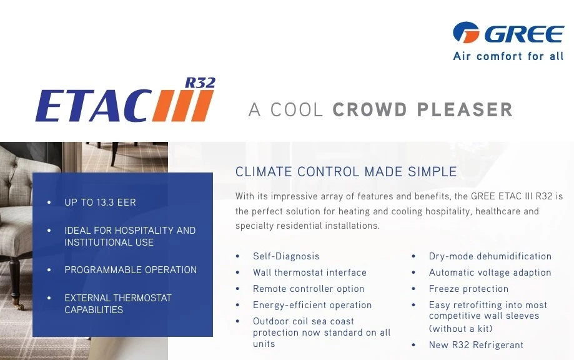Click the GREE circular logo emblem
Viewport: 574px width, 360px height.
[x=466, y=32]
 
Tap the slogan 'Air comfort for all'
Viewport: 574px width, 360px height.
[x=508, y=56]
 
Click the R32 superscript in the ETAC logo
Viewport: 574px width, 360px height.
[x=200, y=82]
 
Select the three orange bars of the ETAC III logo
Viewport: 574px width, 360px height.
[x=183, y=106]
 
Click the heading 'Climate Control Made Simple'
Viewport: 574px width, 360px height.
[x=346, y=171]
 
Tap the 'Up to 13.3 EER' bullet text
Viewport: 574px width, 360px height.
[x=100, y=202]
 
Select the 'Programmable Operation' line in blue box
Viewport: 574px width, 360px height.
[x=131, y=269]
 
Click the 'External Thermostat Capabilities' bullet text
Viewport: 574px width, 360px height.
[x=118, y=304]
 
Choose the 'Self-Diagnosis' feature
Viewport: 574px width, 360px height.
[x=286, y=256]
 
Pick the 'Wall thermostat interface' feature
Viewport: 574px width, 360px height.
[x=309, y=272]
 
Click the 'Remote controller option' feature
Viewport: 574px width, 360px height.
[x=309, y=289]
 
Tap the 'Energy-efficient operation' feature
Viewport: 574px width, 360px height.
[x=312, y=305]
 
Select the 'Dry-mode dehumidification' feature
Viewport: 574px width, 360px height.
[x=490, y=256]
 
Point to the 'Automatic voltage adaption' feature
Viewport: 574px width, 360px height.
[x=490, y=272]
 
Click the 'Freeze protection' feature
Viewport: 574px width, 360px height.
[x=468, y=289]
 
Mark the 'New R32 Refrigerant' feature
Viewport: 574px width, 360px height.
[x=476, y=344]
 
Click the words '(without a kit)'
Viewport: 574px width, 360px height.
[x=460, y=329]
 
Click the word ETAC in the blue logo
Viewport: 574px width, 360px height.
[x=93, y=106]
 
